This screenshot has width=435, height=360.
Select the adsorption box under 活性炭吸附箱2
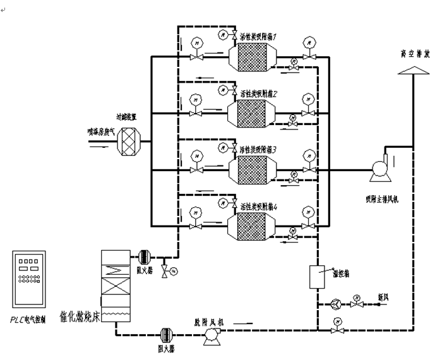252,115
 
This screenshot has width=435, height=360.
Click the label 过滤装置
126,117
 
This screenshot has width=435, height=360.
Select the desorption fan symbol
209,337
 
